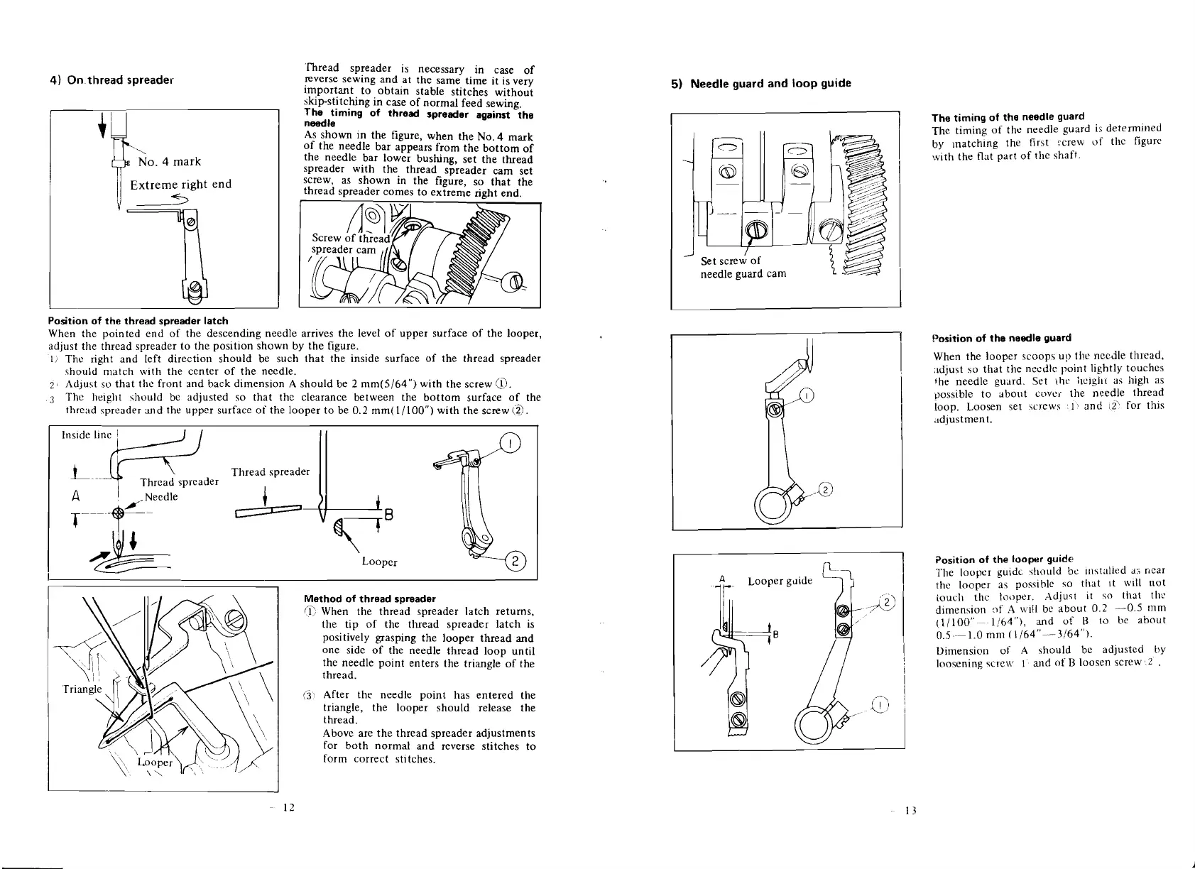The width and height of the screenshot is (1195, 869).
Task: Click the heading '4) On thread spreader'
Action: [x=111, y=80]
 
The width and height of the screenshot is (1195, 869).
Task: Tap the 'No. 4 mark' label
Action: [x=170, y=162]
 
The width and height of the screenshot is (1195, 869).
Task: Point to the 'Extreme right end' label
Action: [x=181, y=185]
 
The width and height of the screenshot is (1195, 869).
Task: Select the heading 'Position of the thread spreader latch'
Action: [x=138, y=322]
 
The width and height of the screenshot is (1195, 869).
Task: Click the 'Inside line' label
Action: [x=84, y=435]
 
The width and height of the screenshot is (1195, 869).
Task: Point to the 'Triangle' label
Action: [x=82, y=689]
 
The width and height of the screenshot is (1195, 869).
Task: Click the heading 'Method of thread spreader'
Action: [x=369, y=599]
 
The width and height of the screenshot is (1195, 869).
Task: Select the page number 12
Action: [x=288, y=808]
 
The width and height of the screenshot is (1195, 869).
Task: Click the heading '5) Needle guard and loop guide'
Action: [x=761, y=83]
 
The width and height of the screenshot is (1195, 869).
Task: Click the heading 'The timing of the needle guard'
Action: [x=1008, y=116]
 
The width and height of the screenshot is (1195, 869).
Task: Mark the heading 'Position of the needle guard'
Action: [x=1001, y=338]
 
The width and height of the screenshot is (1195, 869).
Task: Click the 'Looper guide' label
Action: [x=780, y=581]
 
